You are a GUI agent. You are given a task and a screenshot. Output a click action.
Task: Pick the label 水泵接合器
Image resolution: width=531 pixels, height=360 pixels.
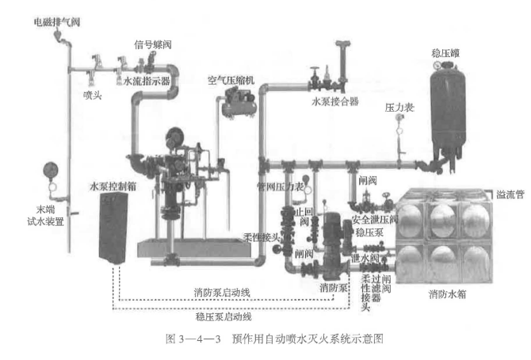tap(334, 101)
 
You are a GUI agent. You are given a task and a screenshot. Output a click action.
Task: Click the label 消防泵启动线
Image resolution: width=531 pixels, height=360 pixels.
tap(222, 293)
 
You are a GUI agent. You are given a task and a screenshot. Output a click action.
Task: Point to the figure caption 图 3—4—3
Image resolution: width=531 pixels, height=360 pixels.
tap(263, 339)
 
